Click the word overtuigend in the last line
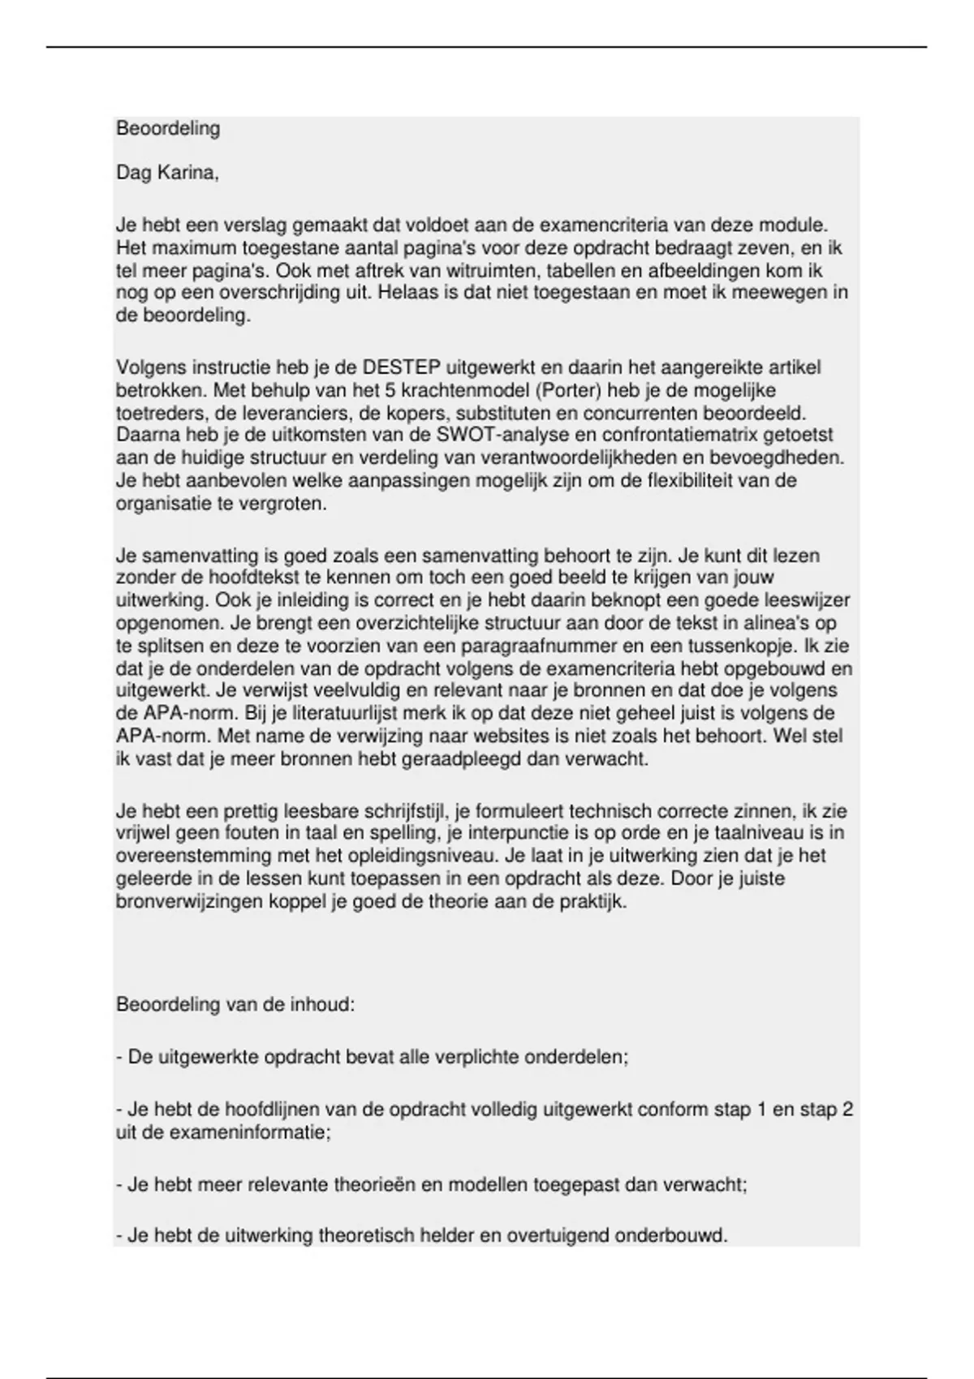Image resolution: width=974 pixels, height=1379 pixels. pos(557,1236)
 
